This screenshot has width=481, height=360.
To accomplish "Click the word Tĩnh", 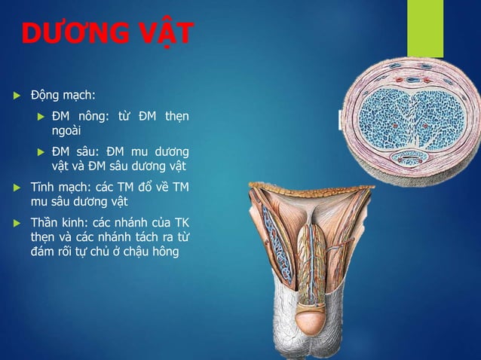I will pyautogui.click(x=43, y=186).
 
